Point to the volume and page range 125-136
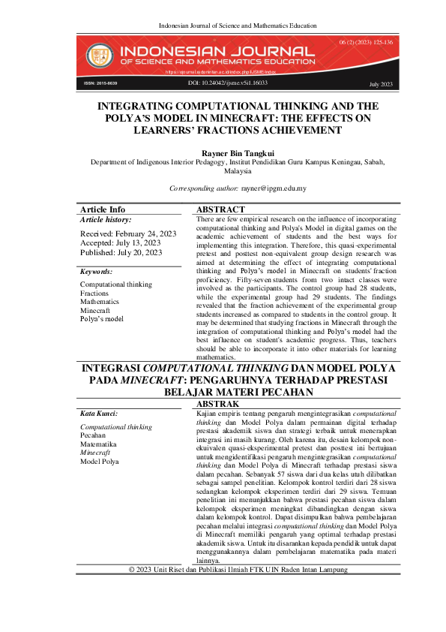click(x=366, y=42)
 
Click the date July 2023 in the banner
click(x=381, y=85)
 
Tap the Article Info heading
click(x=103, y=209)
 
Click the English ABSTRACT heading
click(x=220, y=209)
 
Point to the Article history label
click(x=106, y=220)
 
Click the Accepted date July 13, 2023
click(x=120, y=244)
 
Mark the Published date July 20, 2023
click(x=121, y=253)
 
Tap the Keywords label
click(x=97, y=271)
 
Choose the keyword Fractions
click(x=94, y=293)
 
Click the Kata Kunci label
click(x=99, y=414)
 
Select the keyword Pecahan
click(x=92, y=435)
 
